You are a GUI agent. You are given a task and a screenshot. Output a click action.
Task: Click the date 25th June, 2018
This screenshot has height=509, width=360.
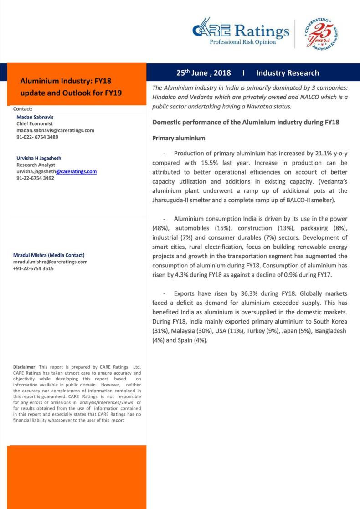pyautogui.click(x=204, y=73)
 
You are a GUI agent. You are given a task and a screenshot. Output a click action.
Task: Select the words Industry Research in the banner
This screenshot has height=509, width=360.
pyautogui.click(x=288, y=73)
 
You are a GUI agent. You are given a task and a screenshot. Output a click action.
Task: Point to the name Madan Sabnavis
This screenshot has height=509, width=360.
pyautogui.click(x=35, y=117)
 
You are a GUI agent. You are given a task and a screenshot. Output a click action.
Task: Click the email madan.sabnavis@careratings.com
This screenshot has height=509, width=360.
pyautogui.click(x=55, y=130)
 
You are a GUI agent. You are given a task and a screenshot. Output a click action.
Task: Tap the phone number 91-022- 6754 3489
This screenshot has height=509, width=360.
pyautogui.click(x=37, y=137)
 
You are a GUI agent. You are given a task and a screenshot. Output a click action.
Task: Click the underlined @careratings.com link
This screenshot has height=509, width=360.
pyautogui.click(x=76, y=172)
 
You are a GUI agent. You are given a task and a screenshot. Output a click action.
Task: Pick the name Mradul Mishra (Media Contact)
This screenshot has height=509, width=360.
pyautogui.click(x=49, y=255)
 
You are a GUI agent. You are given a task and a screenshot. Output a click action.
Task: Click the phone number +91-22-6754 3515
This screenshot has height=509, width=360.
pyautogui.click(x=33, y=269)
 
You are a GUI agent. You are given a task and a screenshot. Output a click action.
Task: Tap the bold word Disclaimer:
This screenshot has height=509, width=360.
pyautogui.click(x=26, y=367)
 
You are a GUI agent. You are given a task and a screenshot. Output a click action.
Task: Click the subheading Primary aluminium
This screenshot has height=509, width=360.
pyautogui.click(x=179, y=138)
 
